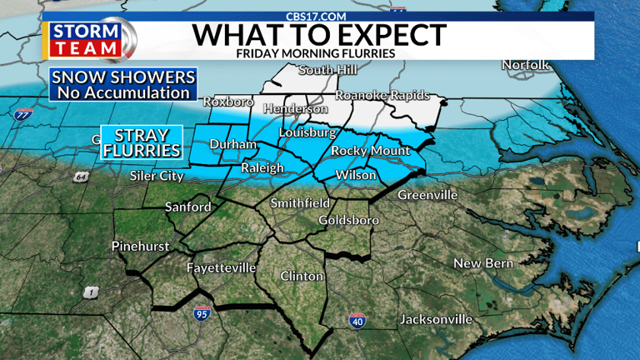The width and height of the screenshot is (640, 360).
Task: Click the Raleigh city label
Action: click(x=262, y=168)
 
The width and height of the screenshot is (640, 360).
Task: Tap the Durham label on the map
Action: click(x=233, y=145)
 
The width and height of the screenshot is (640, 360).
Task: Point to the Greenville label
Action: click(x=427, y=195)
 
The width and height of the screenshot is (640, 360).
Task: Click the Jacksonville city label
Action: click(x=436, y=319)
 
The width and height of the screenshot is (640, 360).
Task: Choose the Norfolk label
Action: click(x=526, y=65)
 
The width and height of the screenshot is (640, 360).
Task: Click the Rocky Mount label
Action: click(x=371, y=151)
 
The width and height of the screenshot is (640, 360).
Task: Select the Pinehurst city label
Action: click(x=141, y=247)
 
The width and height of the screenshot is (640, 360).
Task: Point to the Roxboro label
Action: click(x=228, y=102)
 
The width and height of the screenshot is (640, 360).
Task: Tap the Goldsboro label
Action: click(x=349, y=221)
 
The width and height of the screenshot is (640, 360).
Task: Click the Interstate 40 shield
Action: click(x=356, y=321)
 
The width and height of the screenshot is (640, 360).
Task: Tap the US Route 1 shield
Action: click(x=91, y=292)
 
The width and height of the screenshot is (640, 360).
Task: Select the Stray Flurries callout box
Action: click(x=142, y=142)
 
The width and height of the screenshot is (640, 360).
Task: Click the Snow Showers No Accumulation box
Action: click(x=123, y=85)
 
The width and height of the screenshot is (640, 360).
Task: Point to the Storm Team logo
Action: click(x=89, y=38)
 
